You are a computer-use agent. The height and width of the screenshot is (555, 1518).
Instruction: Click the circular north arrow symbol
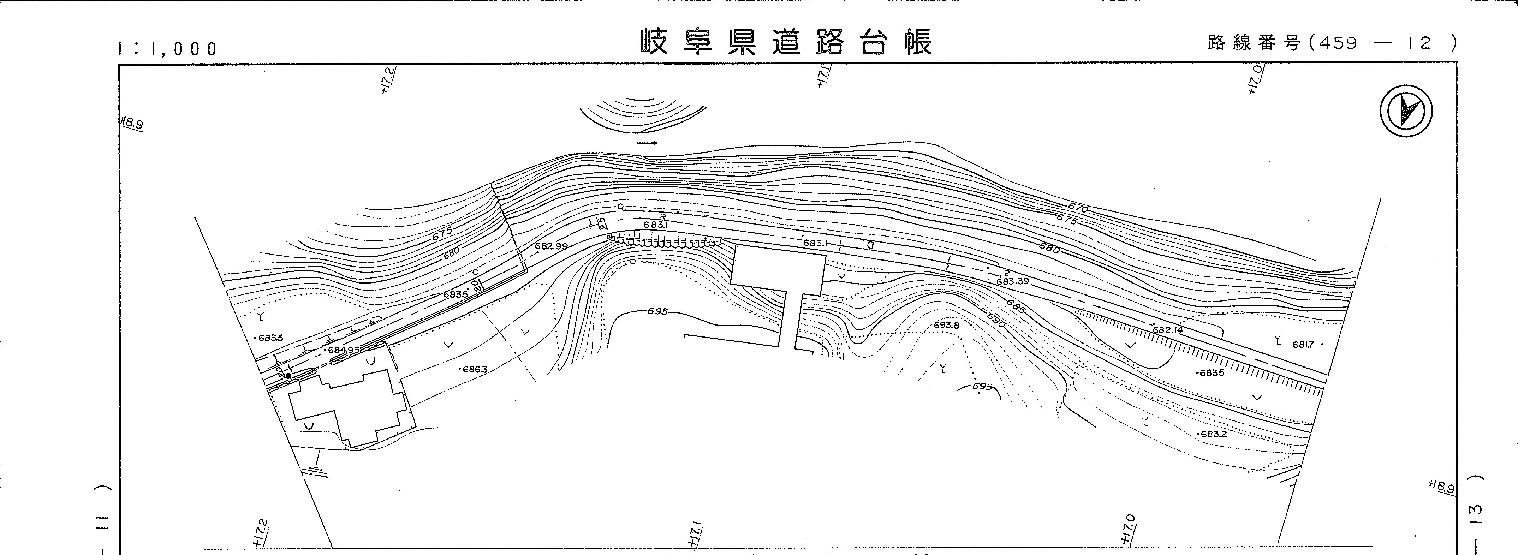(x=1406, y=111)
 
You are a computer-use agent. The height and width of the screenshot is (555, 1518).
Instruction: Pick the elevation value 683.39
(x=1012, y=282)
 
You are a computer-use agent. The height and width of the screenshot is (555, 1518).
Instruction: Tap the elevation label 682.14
(x=1167, y=330)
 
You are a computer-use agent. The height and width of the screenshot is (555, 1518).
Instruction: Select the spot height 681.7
(x=1303, y=345)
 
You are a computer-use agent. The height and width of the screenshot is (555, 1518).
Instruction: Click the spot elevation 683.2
(x=1213, y=435)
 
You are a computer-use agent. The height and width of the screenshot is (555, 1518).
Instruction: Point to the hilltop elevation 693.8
(x=946, y=325)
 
